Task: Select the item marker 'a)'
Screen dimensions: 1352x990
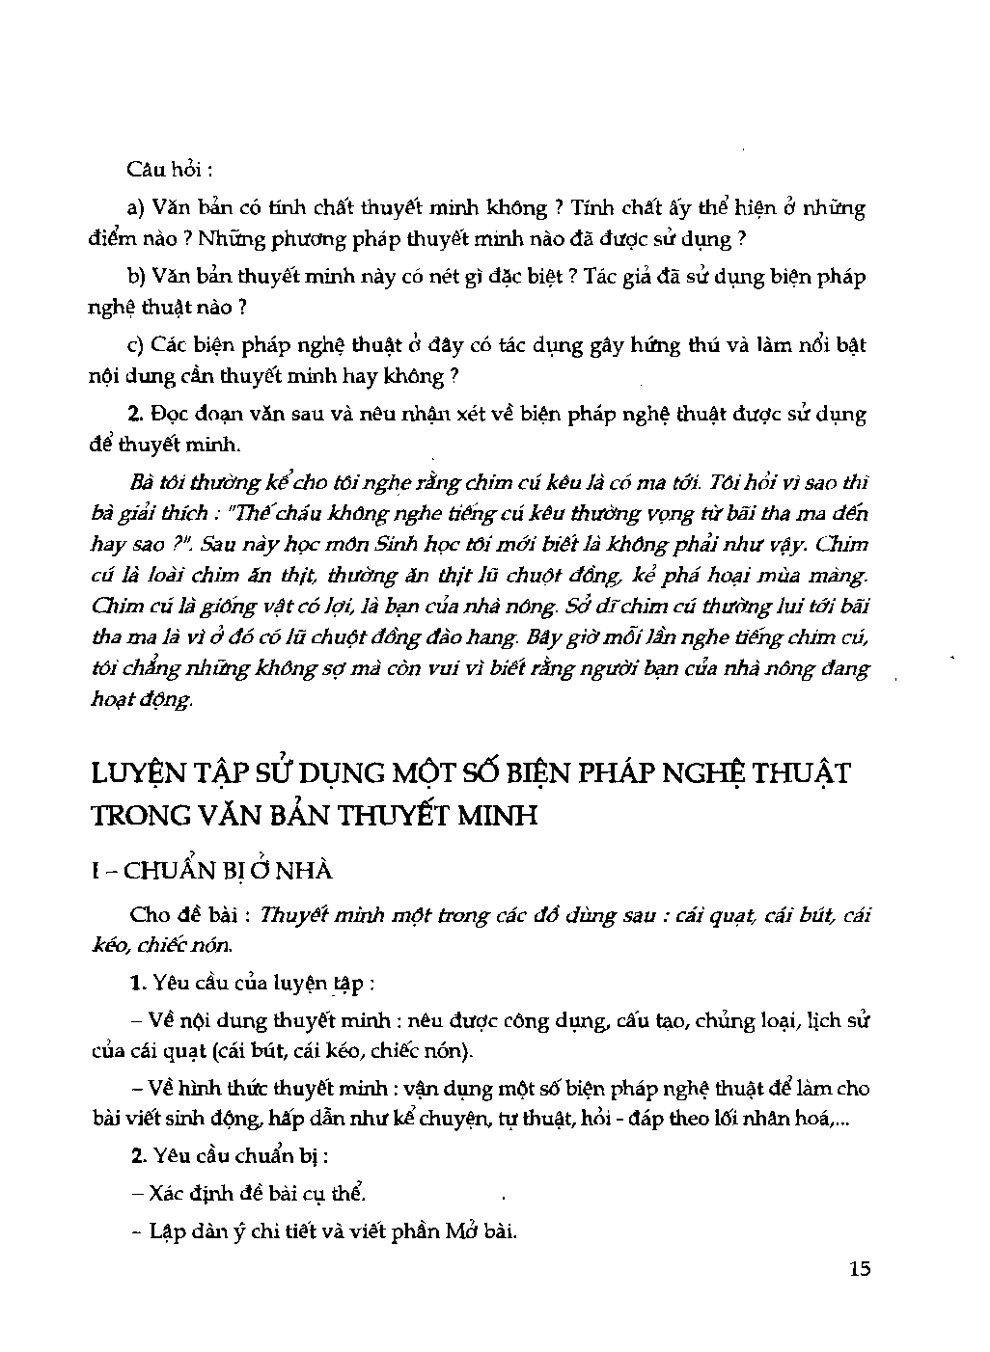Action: click(x=135, y=207)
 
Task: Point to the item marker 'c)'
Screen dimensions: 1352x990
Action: click(x=135, y=345)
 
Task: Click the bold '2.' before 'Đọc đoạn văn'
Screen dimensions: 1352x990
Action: click(x=135, y=415)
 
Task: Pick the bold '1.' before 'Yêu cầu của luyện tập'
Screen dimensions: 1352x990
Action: click(x=136, y=984)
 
